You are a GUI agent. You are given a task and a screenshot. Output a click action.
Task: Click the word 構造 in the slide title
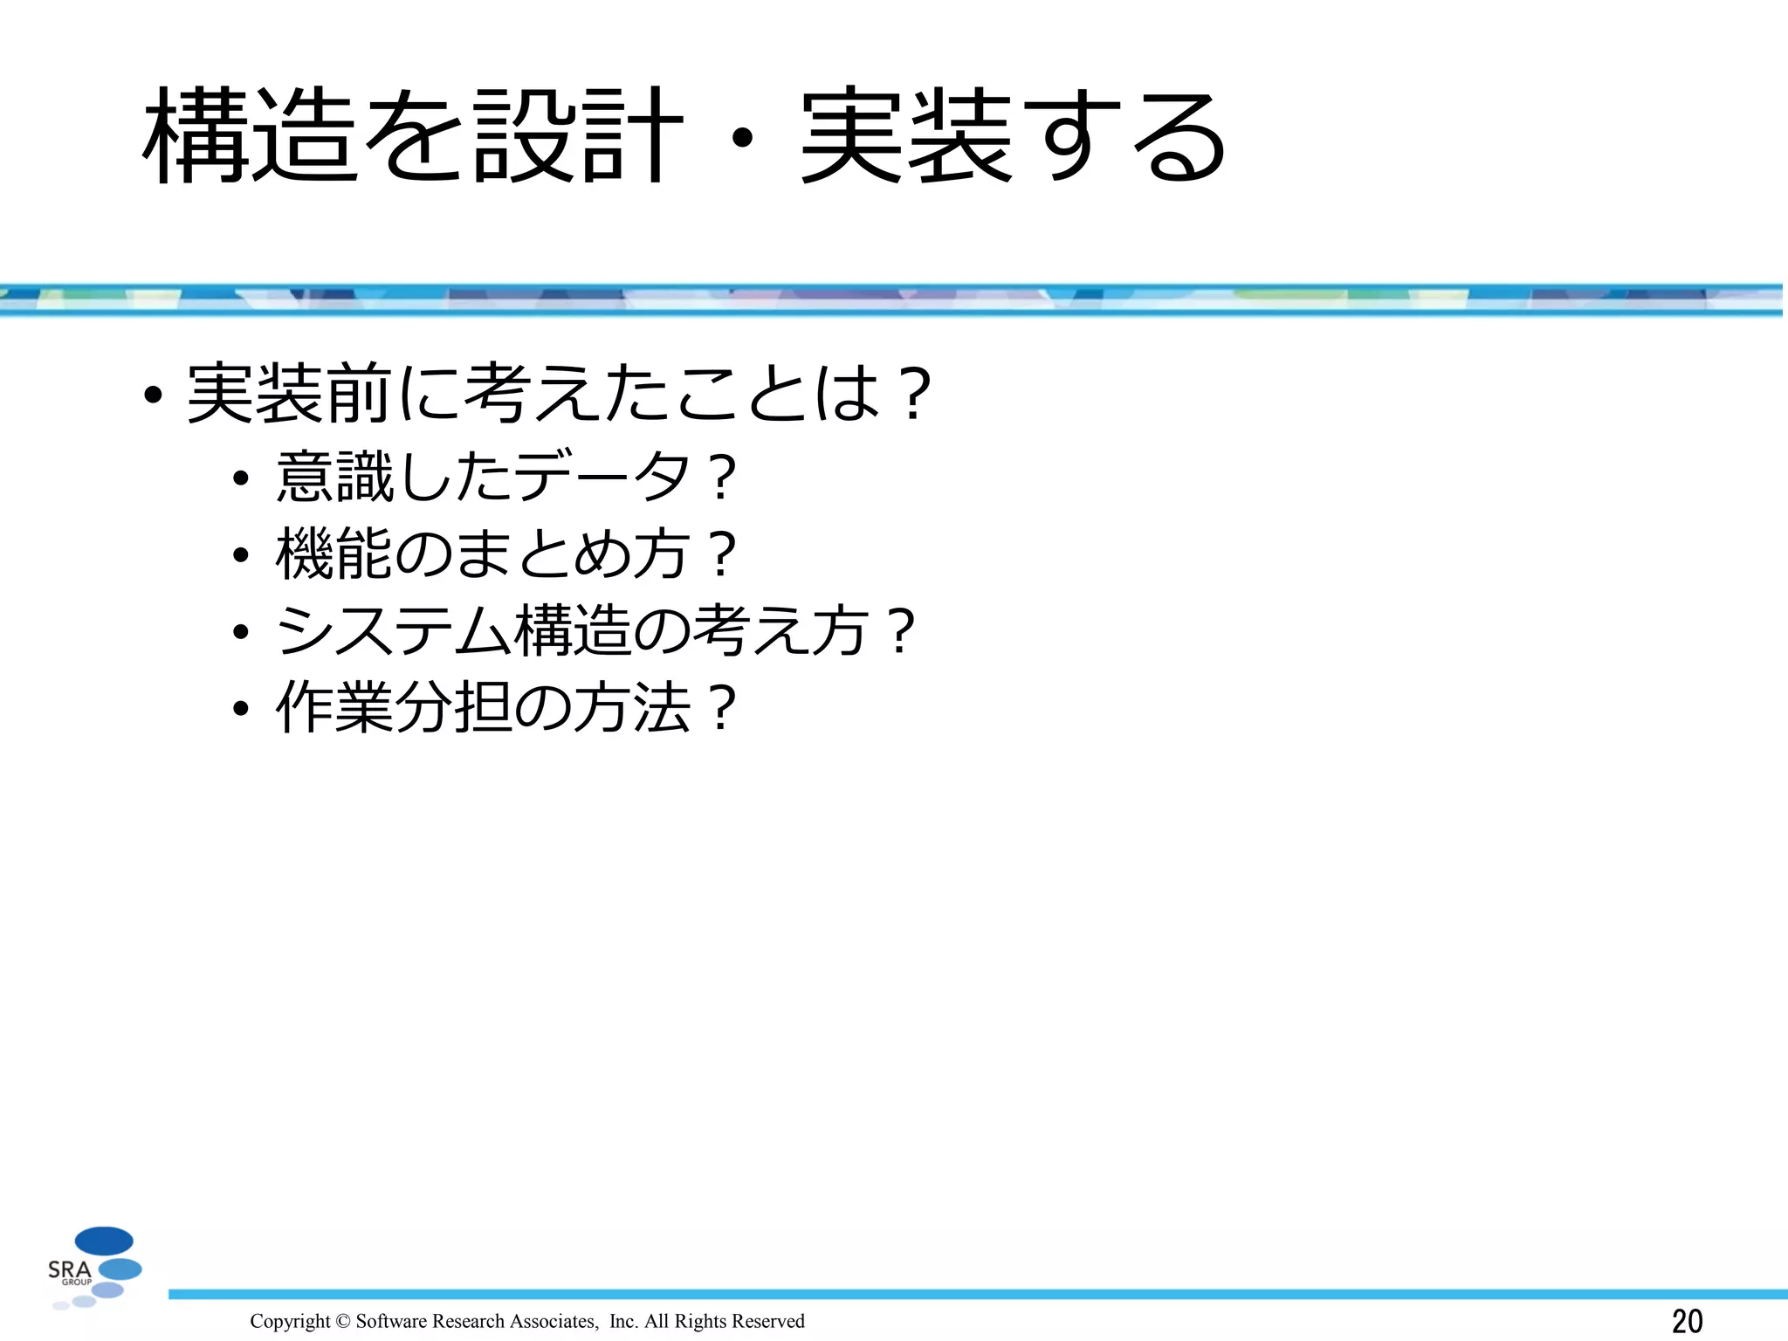pyautogui.click(x=251, y=136)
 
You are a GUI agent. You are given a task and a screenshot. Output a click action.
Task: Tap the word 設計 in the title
pyautogui.click(x=576, y=136)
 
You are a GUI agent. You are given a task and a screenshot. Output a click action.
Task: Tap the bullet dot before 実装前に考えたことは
pyautogui.click(x=154, y=395)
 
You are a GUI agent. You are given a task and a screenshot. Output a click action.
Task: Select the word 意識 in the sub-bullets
pyautogui.click(x=334, y=477)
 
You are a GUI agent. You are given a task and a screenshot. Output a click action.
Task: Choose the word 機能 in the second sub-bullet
pyautogui.click(x=334, y=554)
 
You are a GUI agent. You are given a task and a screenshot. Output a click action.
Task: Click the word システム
pyautogui.click(x=394, y=630)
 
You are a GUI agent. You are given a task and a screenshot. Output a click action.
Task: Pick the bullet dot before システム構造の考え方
pyautogui.click(x=241, y=632)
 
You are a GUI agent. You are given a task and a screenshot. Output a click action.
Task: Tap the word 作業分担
pyautogui.click(x=394, y=706)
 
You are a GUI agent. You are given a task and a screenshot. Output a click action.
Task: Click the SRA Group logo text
pyautogui.click(x=70, y=1270)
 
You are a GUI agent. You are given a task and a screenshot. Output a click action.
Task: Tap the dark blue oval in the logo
pyautogui.click(x=104, y=1241)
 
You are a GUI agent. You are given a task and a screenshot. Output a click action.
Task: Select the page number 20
pyautogui.click(x=1687, y=1321)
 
